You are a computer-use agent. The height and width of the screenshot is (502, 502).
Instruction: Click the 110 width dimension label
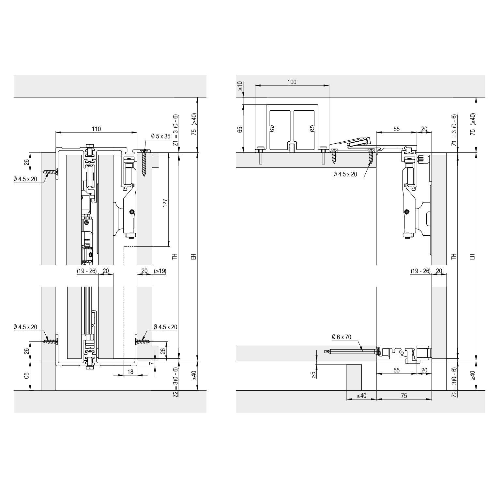96,129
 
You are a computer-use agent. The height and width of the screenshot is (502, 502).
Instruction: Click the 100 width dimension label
292,82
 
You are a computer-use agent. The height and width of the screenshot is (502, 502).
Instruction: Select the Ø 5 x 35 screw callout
161,136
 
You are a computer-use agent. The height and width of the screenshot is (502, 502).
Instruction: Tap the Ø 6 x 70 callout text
342,337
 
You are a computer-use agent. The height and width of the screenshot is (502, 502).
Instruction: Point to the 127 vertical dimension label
165,203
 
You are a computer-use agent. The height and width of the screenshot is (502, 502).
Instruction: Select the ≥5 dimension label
313,375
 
